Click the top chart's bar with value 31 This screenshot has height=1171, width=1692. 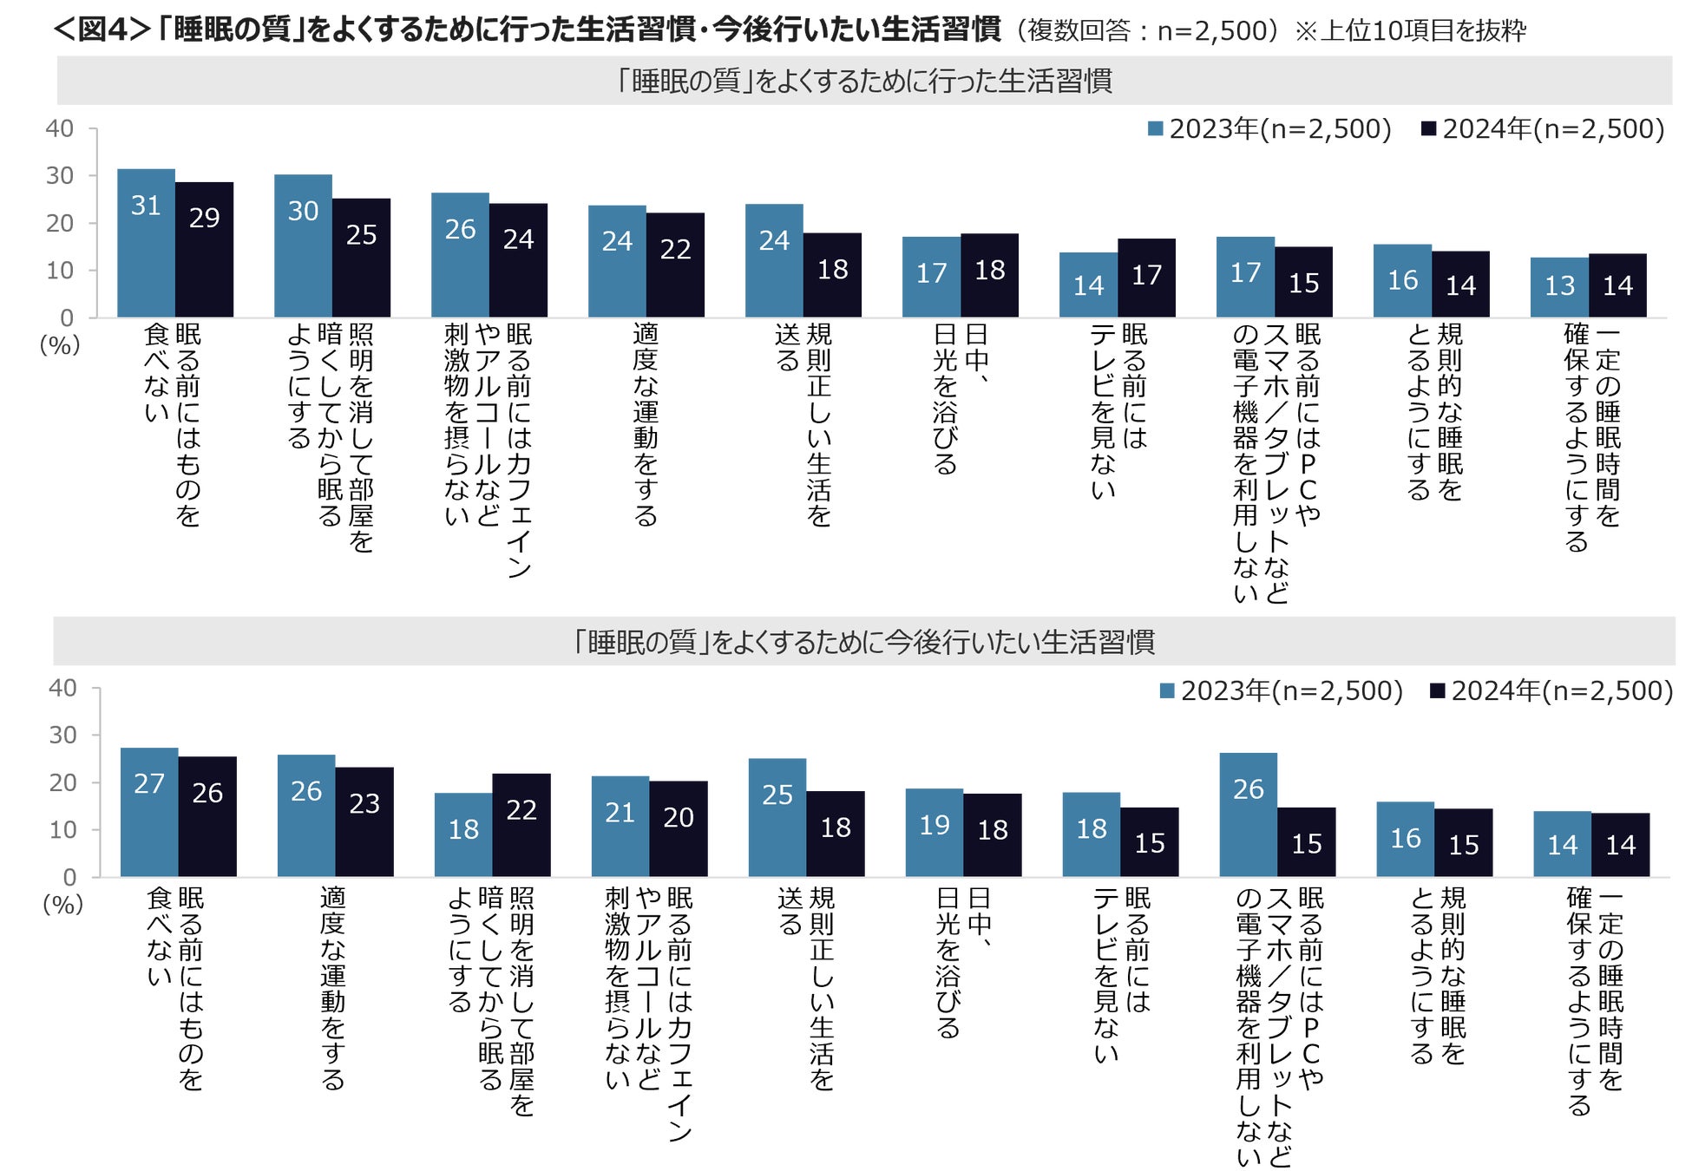coord(146,243)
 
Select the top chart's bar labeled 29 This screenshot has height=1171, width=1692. coord(204,250)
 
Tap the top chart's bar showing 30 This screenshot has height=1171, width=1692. coord(303,245)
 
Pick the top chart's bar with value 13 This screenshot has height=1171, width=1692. coord(1559,287)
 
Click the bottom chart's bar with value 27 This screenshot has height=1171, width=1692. coord(149,812)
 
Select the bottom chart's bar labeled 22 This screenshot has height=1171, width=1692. coord(521,825)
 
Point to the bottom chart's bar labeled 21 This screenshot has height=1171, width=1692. coord(620,827)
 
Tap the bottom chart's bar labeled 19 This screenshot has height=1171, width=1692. coord(935,833)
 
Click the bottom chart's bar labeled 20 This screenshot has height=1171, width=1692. coord(679,829)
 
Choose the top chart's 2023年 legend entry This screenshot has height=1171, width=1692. coord(1269,129)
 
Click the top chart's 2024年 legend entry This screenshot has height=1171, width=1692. coord(1543,129)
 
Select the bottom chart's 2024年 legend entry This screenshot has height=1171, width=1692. coord(1551,690)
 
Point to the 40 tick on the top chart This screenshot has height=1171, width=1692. coord(60,128)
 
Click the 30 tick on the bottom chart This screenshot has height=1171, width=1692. coord(62,736)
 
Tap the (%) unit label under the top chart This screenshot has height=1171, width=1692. coord(60,344)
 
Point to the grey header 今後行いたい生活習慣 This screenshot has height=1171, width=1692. coord(863,642)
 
